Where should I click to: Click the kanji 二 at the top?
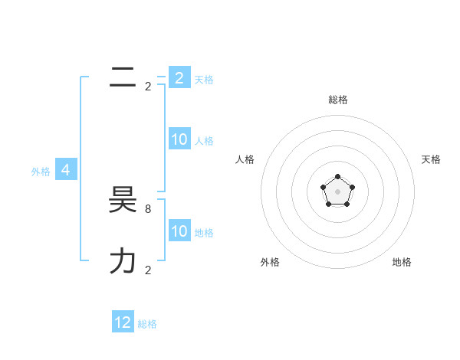(123, 77)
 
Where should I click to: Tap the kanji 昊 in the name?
(123, 201)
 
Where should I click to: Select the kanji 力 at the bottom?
(123, 261)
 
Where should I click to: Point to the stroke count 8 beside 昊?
(147, 208)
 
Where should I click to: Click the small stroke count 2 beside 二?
(148, 87)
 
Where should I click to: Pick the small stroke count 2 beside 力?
(148, 270)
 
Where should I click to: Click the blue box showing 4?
(66, 170)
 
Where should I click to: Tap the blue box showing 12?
(123, 322)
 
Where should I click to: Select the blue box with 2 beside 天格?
(179, 78)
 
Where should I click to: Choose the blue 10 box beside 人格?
(179, 139)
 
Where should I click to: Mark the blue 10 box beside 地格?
(179, 231)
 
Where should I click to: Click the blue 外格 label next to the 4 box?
(41, 172)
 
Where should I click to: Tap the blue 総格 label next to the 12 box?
(147, 324)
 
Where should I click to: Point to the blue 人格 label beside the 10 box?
(204, 141)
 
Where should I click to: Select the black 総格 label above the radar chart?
(338, 100)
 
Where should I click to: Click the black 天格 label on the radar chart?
(432, 159)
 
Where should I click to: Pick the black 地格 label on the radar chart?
(402, 262)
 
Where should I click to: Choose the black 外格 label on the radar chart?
(270, 262)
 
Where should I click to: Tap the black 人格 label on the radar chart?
(245, 159)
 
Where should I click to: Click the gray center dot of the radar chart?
(337, 191)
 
